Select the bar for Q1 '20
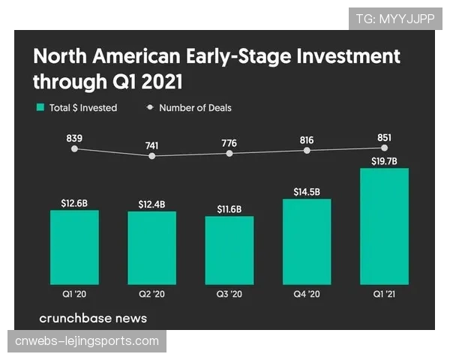point(74,247)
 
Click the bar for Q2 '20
point(151,248)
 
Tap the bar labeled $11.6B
point(229,250)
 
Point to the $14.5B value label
point(307,192)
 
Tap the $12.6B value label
point(74,203)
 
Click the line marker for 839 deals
point(74,149)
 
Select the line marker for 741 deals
point(152,156)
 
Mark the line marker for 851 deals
point(384,148)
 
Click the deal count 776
point(229,142)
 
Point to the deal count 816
point(307,139)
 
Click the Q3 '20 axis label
point(229,293)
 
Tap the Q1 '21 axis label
point(384,293)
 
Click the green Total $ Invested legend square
point(40,108)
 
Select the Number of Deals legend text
point(195,108)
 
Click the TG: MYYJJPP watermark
point(394,19)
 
